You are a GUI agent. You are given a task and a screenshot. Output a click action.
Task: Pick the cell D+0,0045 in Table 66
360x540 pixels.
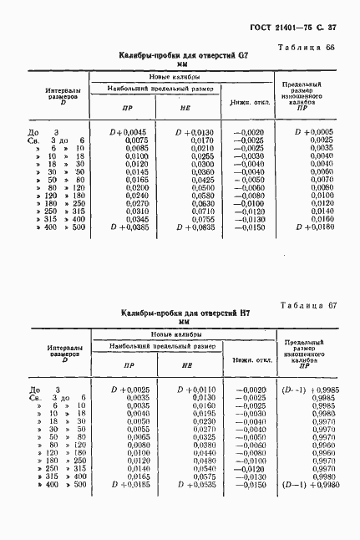pyautogui.click(x=129, y=132)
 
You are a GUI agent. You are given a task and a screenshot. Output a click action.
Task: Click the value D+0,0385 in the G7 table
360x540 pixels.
pyautogui.click(x=129, y=227)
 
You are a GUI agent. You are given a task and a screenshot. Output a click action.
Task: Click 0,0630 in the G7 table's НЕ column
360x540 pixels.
pyautogui.click(x=201, y=202)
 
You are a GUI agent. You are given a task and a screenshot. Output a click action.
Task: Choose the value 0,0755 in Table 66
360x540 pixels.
pyautogui.click(x=201, y=218)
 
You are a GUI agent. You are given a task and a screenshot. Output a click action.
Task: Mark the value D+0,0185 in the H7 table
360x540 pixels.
pyautogui.click(x=129, y=485)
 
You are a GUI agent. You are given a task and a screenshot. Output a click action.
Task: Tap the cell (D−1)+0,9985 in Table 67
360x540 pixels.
pyautogui.click(x=312, y=390)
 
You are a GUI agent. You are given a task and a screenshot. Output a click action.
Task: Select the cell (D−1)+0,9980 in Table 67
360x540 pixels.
pyautogui.click(x=312, y=485)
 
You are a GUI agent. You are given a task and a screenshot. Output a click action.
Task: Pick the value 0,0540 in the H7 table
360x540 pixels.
pyautogui.click(x=201, y=469)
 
